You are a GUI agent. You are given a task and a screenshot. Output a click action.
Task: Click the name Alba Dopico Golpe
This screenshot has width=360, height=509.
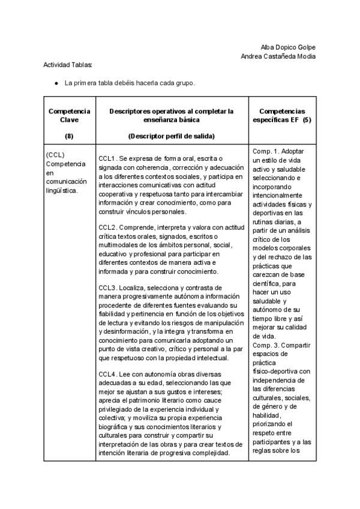coord(288,47)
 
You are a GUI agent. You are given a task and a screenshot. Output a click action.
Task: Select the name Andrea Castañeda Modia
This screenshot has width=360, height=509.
coord(278,56)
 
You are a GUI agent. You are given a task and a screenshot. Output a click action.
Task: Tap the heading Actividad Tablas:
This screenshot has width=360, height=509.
coord(68,65)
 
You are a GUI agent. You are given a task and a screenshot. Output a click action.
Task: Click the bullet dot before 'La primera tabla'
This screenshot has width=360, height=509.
coord(56,83)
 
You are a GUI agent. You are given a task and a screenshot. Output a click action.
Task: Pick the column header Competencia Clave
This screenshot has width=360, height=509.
coord(69,115)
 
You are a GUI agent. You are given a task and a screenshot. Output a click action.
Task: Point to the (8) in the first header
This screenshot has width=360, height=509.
coord(69,136)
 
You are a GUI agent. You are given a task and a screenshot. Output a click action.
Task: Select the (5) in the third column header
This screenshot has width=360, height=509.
coord(307,120)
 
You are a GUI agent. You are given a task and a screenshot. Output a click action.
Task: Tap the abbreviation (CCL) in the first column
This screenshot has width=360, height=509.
coord(55,155)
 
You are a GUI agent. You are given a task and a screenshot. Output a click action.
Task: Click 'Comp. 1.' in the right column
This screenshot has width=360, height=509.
coord(266,151)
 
